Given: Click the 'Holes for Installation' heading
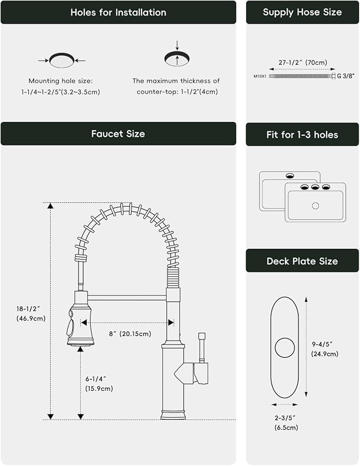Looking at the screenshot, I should tap(118, 12).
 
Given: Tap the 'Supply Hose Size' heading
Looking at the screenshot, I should tap(302, 12).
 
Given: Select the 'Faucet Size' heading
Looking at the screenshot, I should tap(118, 134).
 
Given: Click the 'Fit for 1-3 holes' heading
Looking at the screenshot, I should tap(302, 135).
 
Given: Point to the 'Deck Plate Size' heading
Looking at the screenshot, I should tap(302, 261).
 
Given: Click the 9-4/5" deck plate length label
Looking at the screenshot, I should tap(325, 349).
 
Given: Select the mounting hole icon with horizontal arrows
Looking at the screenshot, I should tap(62, 60).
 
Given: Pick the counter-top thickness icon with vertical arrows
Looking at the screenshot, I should tap(177, 58).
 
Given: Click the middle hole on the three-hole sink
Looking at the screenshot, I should tap(315, 187).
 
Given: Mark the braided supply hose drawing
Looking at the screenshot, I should tap(302, 76).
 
